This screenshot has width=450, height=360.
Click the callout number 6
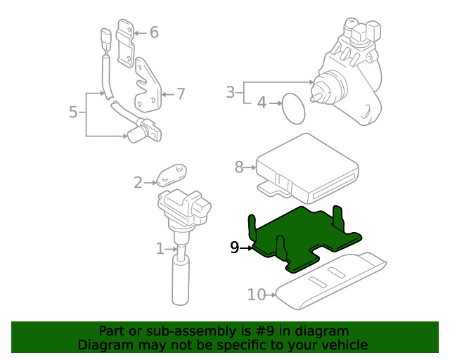154,32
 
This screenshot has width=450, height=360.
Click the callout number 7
181,94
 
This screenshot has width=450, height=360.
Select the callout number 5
73,112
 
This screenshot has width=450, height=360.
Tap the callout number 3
230,91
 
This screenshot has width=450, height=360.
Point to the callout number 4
262,103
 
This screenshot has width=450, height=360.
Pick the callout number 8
239,167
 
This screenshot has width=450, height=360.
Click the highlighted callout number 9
235,247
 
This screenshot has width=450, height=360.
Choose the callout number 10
257,295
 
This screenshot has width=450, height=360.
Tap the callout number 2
138,183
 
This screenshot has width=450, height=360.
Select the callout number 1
160,248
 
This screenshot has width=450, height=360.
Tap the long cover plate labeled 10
330,281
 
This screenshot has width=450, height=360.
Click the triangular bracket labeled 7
148,88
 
